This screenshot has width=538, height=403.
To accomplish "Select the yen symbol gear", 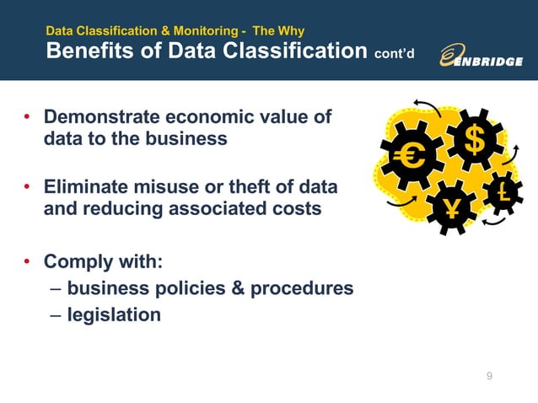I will [x=452, y=208].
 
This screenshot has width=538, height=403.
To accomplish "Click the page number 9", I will [x=489, y=376].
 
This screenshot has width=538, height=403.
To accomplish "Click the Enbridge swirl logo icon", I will [x=451, y=55].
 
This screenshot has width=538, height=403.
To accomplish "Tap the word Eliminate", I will [x=85, y=185].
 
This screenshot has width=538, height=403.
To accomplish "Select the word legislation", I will [x=114, y=314].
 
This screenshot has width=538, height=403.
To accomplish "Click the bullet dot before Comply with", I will [x=27, y=262].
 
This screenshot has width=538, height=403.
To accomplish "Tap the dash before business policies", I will [x=55, y=289].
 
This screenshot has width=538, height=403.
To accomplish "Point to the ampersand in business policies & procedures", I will [x=236, y=288].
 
